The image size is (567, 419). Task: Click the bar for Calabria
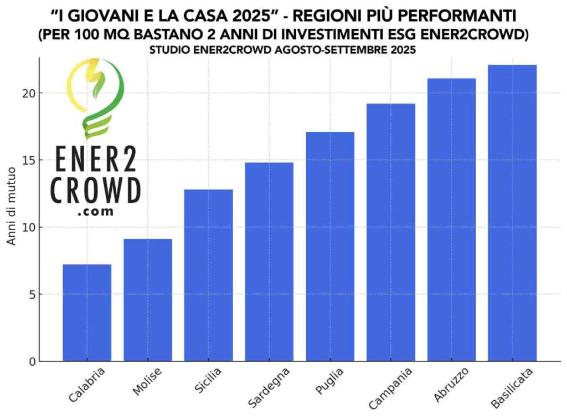pyautogui.click(x=87, y=313)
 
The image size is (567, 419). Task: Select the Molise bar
pyautogui.click(x=148, y=300)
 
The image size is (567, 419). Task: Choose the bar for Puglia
pyautogui.click(x=330, y=247)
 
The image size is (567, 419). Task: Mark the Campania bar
pyautogui.click(x=390, y=232)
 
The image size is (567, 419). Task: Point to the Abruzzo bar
pyautogui.click(x=451, y=219)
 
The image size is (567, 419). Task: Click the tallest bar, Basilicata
pyautogui.click(x=512, y=213)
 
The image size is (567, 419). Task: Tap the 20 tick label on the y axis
pyautogui.click(x=28, y=93)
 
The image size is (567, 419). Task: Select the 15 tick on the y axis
pyautogui.click(x=28, y=160)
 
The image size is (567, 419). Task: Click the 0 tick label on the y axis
pyautogui.click(x=31, y=362)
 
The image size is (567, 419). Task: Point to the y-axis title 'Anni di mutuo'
pyautogui.click(x=12, y=210)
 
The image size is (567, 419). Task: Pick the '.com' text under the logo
pyautogui.click(x=96, y=211)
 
